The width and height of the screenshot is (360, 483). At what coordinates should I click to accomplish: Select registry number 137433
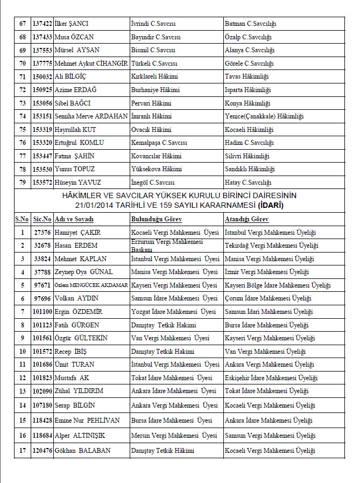coord(42,37)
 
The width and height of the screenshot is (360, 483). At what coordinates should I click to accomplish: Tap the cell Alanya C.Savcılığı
coord(249,50)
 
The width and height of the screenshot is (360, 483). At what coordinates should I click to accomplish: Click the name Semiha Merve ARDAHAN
coord(91,116)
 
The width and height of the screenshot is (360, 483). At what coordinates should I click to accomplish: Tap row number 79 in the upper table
coord(22,182)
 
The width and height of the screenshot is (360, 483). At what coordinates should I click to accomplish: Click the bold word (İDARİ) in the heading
coord(272,205)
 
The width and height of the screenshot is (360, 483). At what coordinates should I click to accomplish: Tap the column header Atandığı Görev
coord(246,219)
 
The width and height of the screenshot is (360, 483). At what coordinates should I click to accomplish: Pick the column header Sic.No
coord(42,219)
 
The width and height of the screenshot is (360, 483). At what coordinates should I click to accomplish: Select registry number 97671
coord(42,285)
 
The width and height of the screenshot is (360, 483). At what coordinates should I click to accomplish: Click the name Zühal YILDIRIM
coord(79,391)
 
